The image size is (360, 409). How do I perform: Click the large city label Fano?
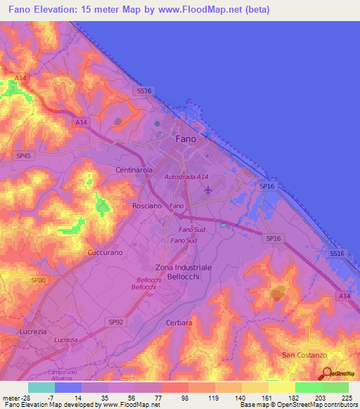(x=186, y=139)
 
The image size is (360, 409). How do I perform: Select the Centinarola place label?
(x=135, y=171)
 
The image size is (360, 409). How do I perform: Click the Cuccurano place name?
(x=105, y=252)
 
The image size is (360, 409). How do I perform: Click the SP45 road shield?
(x=24, y=155)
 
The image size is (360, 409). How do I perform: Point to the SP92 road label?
(x=116, y=321)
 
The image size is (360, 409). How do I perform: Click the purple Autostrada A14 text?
(x=187, y=177)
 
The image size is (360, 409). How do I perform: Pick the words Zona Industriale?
(x=183, y=268)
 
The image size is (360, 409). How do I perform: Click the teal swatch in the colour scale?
(x=41, y=387)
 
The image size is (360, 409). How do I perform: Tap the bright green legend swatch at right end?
(x=335, y=387)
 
